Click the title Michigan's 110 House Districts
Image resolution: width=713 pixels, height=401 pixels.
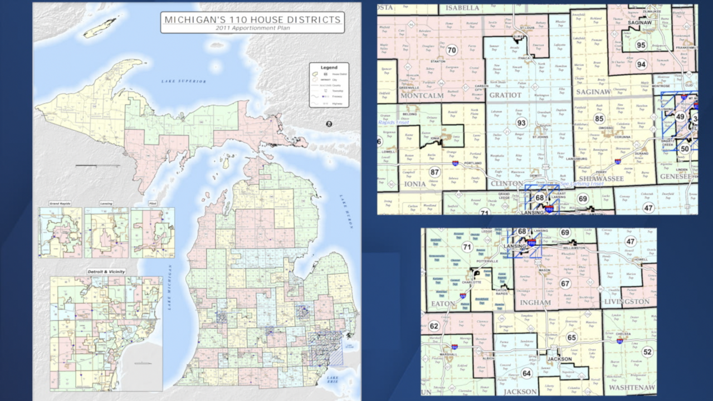[x=252, y=19]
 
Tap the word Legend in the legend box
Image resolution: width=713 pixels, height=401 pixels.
[x=329, y=67]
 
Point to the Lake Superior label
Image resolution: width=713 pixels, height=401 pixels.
[x=184, y=81]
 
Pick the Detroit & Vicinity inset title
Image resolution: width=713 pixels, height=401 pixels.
[x=106, y=272]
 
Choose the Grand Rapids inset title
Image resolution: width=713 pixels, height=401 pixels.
[x=60, y=204]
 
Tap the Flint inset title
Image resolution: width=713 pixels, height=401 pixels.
[x=152, y=204]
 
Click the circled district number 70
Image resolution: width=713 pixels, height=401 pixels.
[x=452, y=50]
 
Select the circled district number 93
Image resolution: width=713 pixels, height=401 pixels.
[x=521, y=123]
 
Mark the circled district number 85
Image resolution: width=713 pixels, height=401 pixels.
[x=599, y=118]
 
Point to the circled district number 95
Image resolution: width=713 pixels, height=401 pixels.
[x=641, y=45]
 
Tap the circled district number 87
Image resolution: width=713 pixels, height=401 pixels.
[x=434, y=172]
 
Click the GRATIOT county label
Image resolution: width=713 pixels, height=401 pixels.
[x=505, y=95]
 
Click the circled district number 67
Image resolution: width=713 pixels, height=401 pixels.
[x=565, y=283]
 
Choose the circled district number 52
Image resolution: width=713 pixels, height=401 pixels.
[x=647, y=351]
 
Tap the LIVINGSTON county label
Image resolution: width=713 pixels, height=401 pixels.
[x=627, y=301]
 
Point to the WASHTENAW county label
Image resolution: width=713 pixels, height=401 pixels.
[x=632, y=387]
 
